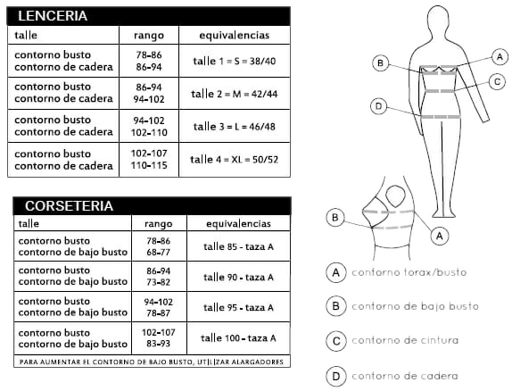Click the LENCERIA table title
(53, 16)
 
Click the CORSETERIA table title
(69, 206)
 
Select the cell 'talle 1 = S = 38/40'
(235, 61)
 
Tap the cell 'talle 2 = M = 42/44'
(235, 94)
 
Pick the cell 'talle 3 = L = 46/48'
(235, 127)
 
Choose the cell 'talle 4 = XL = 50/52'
(235, 160)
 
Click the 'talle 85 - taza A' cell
(238, 246)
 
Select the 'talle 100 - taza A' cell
(238, 338)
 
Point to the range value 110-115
(149, 165)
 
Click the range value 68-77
(159, 253)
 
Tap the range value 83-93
(159, 344)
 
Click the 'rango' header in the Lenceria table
(149, 36)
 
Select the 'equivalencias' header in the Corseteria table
(238, 223)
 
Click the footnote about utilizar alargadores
(152, 362)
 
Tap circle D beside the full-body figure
(379, 106)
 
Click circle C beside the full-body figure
(498, 81)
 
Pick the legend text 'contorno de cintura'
(405, 340)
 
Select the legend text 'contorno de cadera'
(405, 376)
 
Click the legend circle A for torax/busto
(336, 272)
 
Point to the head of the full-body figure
(441, 21)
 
